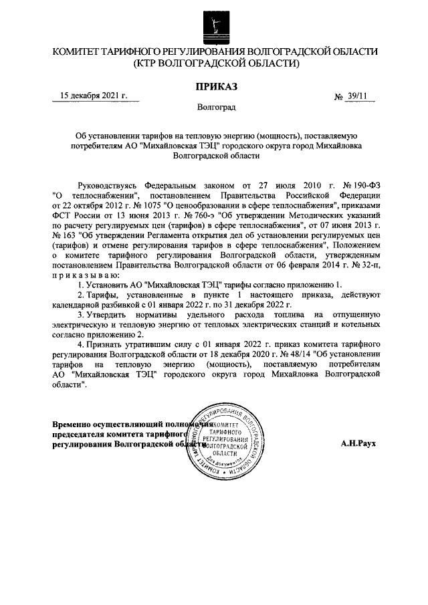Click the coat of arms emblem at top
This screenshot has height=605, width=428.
[x=214, y=25]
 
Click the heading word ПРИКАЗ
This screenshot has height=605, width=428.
[x=215, y=86]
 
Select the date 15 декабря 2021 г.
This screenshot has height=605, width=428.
[x=94, y=96]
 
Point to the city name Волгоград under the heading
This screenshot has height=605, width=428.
[x=215, y=107]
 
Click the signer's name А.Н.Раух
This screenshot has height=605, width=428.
[x=359, y=443]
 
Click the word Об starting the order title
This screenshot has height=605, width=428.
[x=82, y=134]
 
